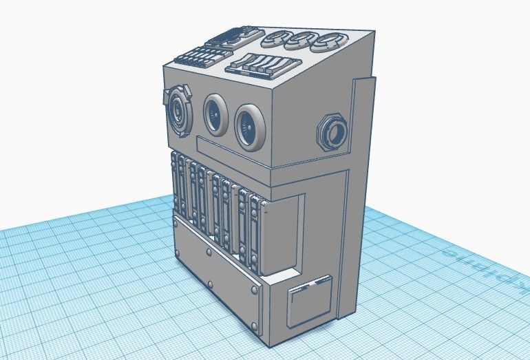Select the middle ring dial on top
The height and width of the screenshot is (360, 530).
click(x=301, y=41)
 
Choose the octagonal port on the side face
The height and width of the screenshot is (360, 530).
click(x=332, y=131)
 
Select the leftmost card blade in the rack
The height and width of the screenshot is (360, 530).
click(x=175, y=183)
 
